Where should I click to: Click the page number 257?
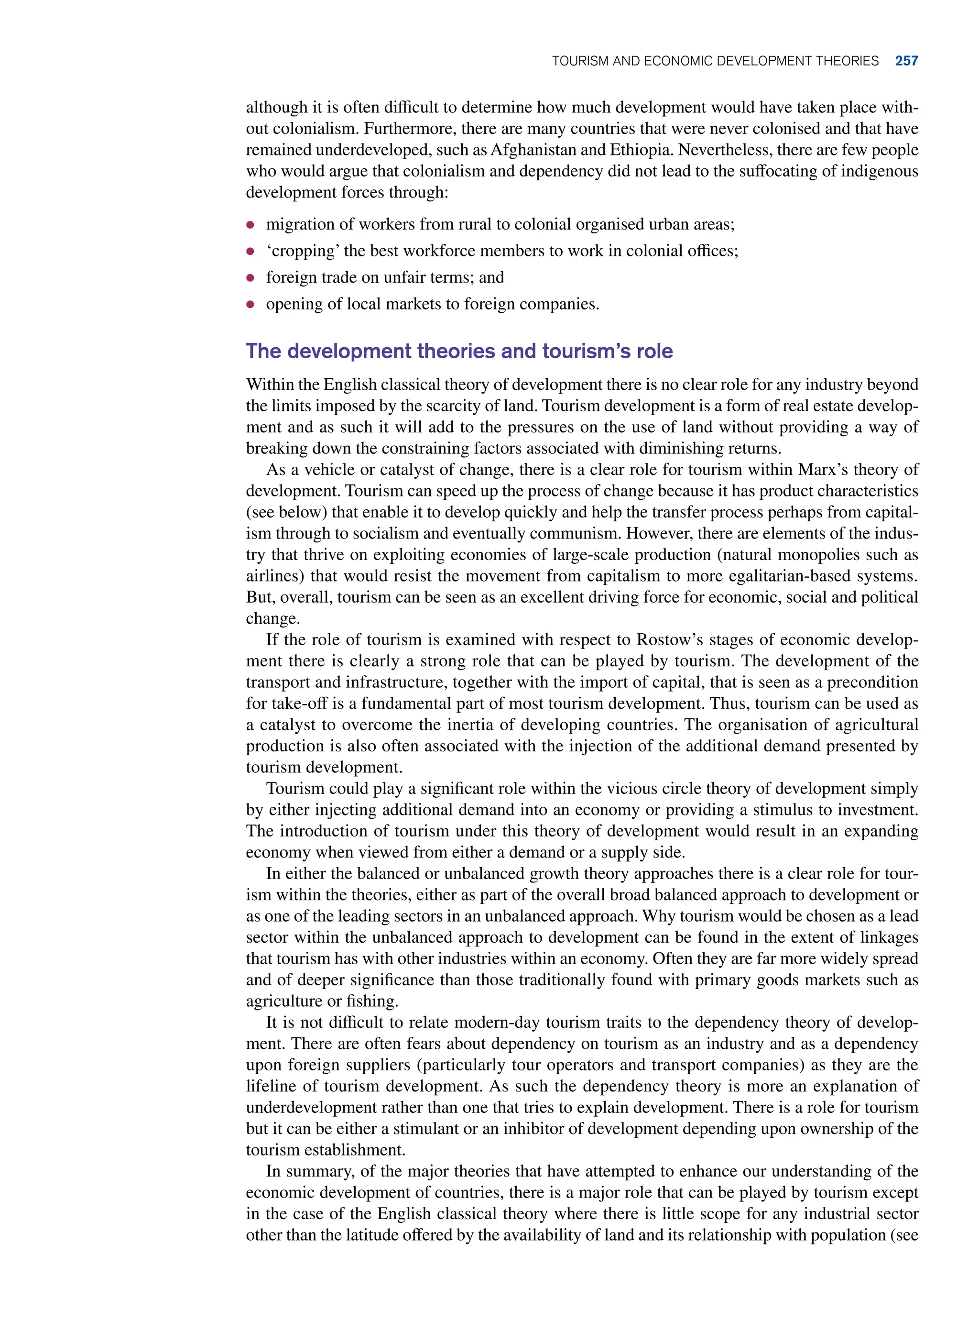pyautogui.click(x=906, y=61)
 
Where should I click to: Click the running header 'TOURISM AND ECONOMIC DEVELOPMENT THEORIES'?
pyautogui.click(x=715, y=61)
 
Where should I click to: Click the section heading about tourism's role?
pyautogui.click(x=459, y=351)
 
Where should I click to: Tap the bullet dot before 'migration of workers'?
pyautogui.click(x=250, y=225)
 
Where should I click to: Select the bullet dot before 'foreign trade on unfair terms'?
pyautogui.click(x=250, y=277)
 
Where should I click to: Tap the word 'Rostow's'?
pyautogui.click(x=670, y=640)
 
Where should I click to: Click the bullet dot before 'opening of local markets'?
pyautogui.click(x=250, y=304)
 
